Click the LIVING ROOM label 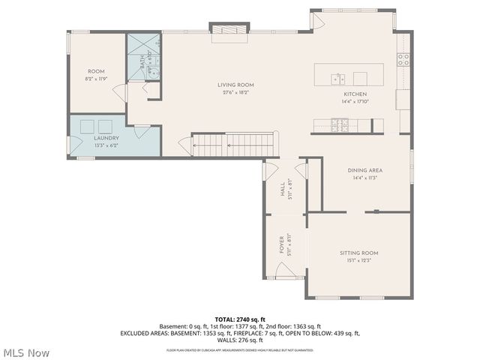(x=235, y=85)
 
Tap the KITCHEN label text (x=355, y=94)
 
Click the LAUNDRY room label (x=106, y=138)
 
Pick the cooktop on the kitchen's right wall (x=403, y=58)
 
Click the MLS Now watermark (x=26, y=352)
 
